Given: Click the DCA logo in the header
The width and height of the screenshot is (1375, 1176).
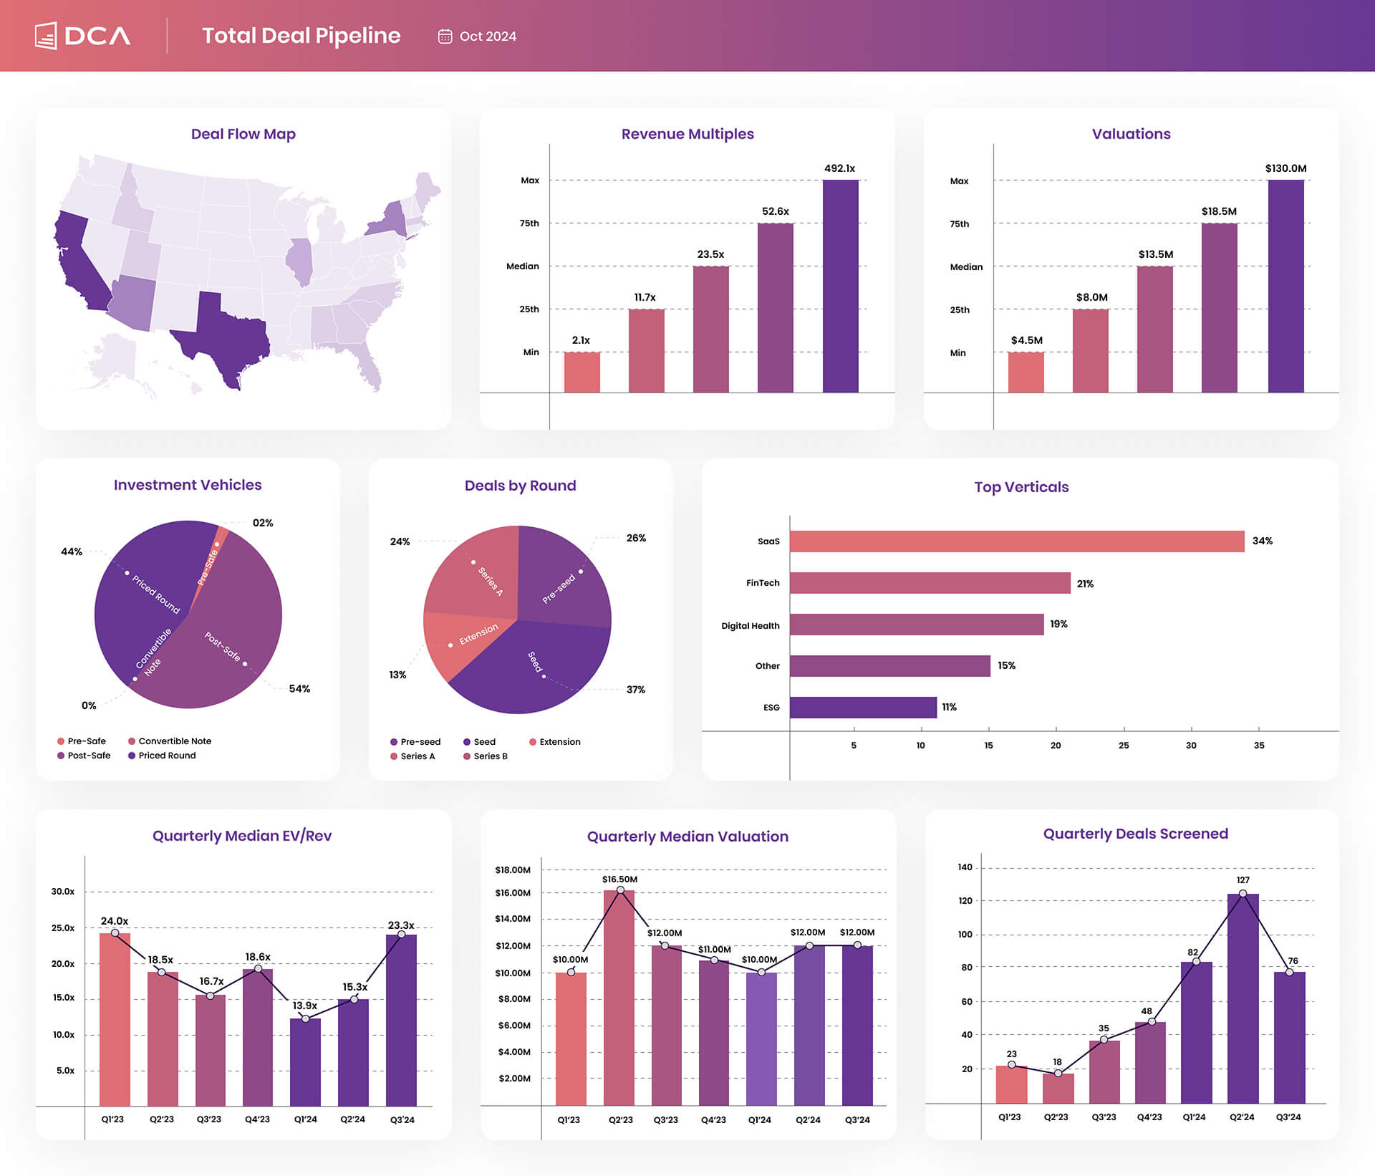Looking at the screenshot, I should point(83,36).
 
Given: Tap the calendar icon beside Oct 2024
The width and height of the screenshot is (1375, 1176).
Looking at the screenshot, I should point(445,37).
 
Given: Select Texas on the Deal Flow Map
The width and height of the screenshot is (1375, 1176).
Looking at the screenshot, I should point(226,337).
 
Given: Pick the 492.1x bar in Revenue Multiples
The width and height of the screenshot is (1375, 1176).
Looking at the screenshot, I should point(840,286).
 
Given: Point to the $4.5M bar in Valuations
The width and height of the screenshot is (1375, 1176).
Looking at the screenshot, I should point(1026,372).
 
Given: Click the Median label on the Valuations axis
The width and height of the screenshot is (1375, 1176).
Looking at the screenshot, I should point(966,267).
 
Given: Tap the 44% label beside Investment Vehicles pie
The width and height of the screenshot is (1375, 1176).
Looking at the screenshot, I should point(72,551).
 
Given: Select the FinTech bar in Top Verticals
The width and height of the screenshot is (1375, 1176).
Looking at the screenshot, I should point(930,583).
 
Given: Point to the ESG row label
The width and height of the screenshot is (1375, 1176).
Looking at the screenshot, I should point(771,708).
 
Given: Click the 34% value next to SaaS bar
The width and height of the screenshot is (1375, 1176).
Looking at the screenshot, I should point(1262,541).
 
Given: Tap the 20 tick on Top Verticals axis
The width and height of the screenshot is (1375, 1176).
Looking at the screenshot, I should point(1055,746).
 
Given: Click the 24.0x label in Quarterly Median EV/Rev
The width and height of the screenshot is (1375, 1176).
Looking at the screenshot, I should point(115,921).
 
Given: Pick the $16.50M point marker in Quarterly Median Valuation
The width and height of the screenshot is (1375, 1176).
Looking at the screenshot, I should point(620,890).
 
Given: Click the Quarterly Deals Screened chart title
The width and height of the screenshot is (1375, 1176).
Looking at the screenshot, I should point(1135,834).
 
